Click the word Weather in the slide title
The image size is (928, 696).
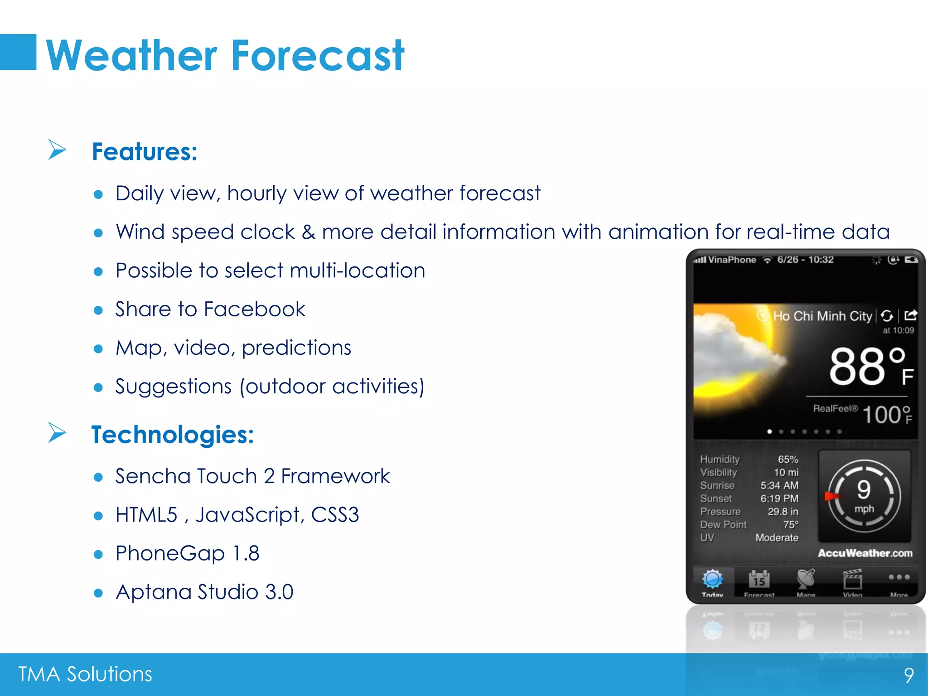pos(131,56)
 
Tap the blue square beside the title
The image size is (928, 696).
pos(18,52)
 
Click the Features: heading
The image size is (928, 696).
pos(145,151)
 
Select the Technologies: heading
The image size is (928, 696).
pos(172,435)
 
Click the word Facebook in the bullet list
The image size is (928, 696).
pos(255,309)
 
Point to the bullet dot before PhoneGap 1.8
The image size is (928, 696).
pos(98,554)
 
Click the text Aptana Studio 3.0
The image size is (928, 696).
pos(204,592)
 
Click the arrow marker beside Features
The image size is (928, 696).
pos(57,150)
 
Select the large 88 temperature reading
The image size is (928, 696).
pos(856,367)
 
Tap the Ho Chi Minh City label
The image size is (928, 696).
pos(822,316)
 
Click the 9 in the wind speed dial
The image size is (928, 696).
pos(864,490)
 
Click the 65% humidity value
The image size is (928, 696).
pos(788,459)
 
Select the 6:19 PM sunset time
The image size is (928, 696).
pos(779,498)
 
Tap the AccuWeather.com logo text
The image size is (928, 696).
pos(865,553)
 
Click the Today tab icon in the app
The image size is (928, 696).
pos(712,579)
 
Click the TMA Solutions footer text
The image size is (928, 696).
pos(85,674)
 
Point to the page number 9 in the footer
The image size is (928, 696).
pos(909,675)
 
